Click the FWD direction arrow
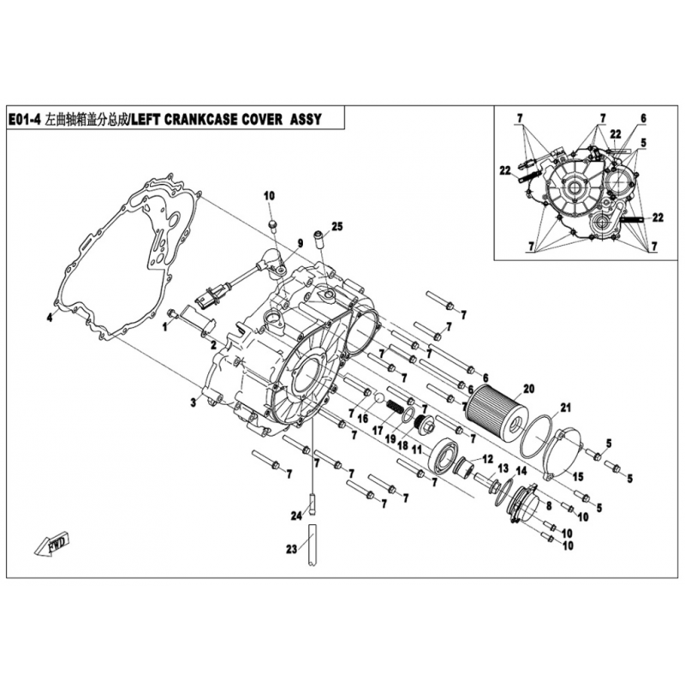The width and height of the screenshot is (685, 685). click(x=51, y=543)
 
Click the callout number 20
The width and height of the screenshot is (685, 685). click(x=528, y=389)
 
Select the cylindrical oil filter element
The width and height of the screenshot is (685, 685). click(x=491, y=412)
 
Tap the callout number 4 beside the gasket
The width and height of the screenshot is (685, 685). click(x=50, y=318)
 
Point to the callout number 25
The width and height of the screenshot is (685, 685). click(x=337, y=226)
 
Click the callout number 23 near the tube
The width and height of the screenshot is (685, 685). click(x=291, y=549)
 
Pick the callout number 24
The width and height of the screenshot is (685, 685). click(x=296, y=516)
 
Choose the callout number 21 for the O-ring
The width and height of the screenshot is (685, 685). click(x=565, y=408)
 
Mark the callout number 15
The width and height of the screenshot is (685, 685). click(x=578, y=477)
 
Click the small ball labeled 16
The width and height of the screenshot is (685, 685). click(x=379, y=397)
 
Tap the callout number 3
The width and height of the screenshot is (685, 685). click(x=194, y=402)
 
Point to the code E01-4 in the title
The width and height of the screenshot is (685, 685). click(x=25, y=119)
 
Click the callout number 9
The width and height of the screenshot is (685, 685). click(x=301, y=243)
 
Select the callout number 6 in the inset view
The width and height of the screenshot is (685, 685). click(x=644, y=118)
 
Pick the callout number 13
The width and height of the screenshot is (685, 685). click(x=503, y=468)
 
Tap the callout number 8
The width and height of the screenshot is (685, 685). click(x=549, y=506)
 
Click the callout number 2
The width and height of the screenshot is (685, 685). click(x=213, y=346)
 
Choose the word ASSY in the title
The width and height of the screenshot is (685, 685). click(x=306, y=119)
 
